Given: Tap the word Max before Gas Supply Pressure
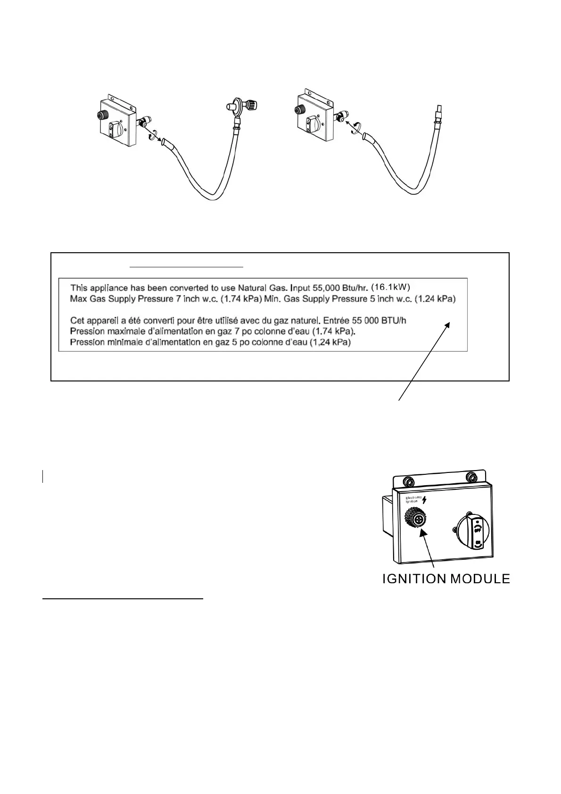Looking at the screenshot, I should (78, 298).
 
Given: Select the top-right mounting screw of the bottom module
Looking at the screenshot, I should (470, 477).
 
